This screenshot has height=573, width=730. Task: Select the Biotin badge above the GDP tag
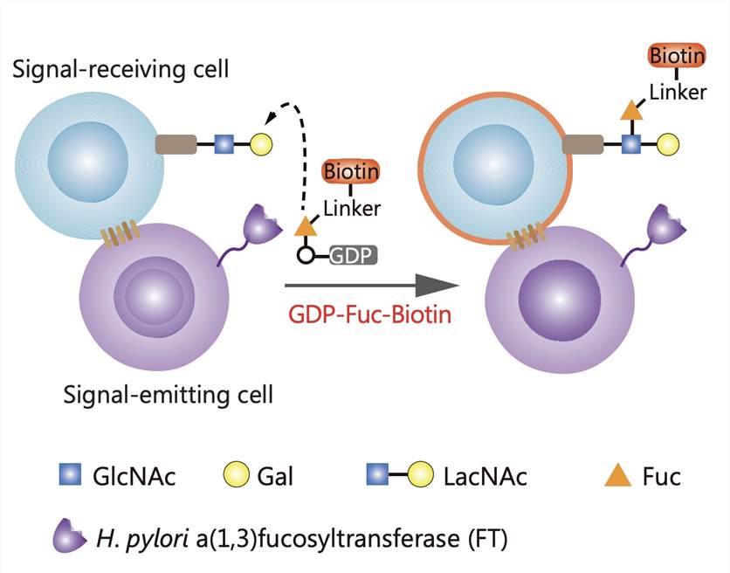click(351, 171)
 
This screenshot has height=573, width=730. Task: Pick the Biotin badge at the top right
click(677, 57)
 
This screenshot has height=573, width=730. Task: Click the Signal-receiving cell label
click(121, 68)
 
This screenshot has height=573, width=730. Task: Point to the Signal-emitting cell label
click(168, 394)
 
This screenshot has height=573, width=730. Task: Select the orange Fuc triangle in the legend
click(618, 476)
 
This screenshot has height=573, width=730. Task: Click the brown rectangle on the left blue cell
click(176, 143)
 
